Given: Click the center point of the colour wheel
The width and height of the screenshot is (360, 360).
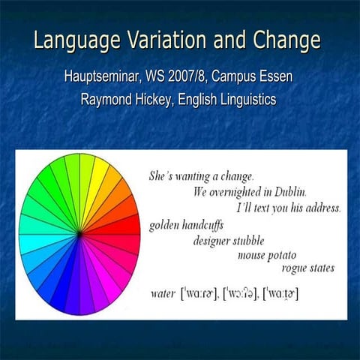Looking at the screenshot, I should (79, 234).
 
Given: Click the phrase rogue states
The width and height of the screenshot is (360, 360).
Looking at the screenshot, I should (308, 268).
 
